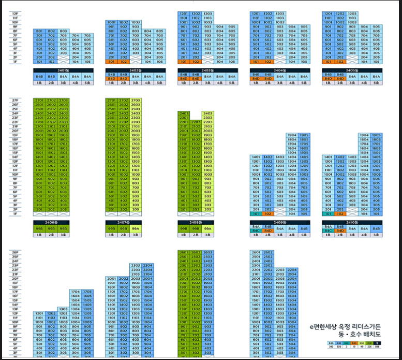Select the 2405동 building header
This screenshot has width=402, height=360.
pos(352,69)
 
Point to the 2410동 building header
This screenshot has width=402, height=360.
pos(352,222)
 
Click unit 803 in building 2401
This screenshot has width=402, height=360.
pos(63,31)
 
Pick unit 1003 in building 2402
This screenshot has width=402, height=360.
pos(136,22)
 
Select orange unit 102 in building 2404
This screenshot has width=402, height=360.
pos(267,62)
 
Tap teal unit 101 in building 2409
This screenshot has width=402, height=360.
pos(255,213)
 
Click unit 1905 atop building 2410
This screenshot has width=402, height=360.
pos(376,135)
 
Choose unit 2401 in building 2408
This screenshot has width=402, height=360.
pos(184,113)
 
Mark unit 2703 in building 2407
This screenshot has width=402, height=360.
pos(136,100)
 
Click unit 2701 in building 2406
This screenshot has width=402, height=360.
pos(39,100)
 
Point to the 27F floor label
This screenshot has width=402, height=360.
pos(15,100)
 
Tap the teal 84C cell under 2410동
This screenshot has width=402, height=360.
pos(327,231)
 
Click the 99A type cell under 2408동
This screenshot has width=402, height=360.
pos(207,228)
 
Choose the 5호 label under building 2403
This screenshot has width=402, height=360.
pos(231,82)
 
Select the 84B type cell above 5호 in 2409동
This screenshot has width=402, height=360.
pos(304,228)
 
